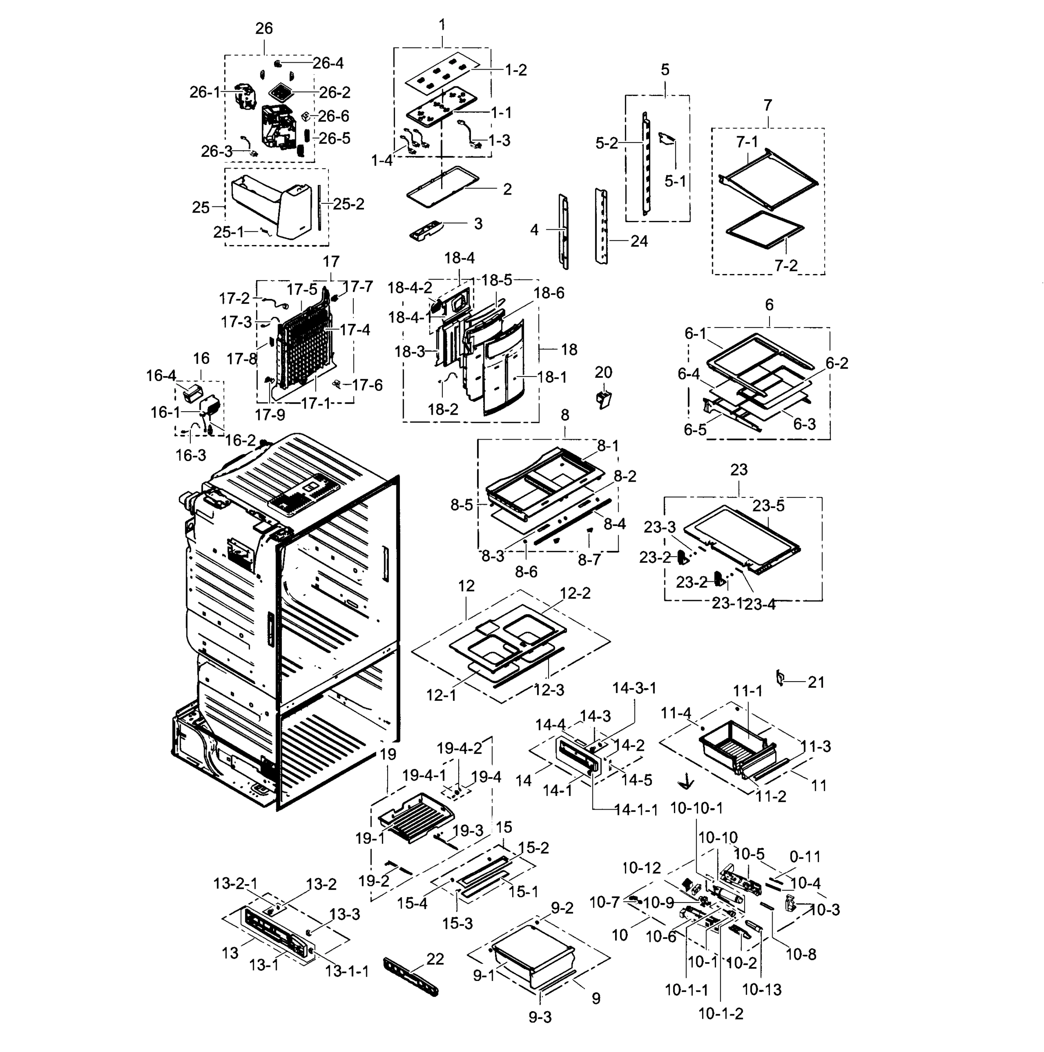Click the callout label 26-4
pos(328,63)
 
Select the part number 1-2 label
pos(515,70)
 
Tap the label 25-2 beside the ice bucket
pos(349,204)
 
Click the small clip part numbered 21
pos(780,678)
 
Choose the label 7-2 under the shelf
pos(786,265)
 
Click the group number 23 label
pos(738,469)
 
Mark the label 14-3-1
pos(634,688)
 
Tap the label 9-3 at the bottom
pos(540,1017)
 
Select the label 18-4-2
pos(410,288)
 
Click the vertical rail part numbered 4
pos(564,231)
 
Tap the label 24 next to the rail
pos(639,241)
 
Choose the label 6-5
pos(695,430)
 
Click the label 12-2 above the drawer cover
pos(575,593)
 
